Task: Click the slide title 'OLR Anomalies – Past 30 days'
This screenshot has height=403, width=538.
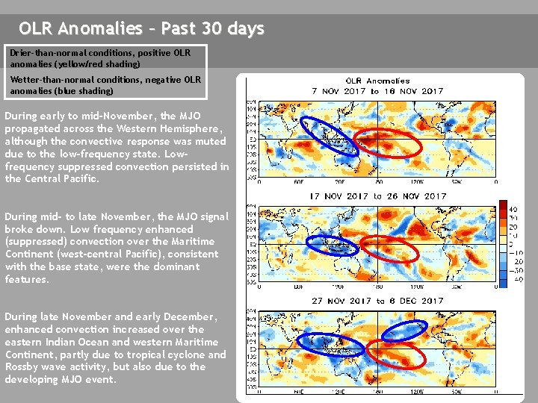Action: (x=141, y=29)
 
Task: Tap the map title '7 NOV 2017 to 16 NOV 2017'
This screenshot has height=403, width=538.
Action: (x=377, y=91)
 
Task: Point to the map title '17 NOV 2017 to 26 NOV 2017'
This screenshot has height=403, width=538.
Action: (x=377, y=196)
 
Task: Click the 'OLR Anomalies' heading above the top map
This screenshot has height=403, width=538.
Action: (x=377, y=81)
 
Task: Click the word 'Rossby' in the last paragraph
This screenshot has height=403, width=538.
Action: (x=20, y=367)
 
